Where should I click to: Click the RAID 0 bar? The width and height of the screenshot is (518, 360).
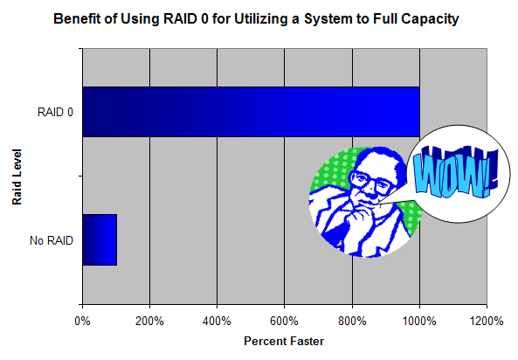point(251,112)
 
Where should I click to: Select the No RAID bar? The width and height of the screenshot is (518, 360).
point(100,239)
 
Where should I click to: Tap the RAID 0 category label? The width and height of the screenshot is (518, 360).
point(55,113)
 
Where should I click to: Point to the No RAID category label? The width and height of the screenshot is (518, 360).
point(52,240)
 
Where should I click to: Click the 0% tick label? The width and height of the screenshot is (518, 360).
point(83,321)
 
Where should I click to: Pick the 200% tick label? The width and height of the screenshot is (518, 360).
point(149,321)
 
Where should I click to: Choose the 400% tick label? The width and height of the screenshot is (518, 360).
point(217,321)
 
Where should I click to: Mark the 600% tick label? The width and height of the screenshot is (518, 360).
point(285,321)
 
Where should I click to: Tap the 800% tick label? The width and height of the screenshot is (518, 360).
point(352,321)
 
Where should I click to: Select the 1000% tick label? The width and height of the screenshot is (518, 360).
point(419,321)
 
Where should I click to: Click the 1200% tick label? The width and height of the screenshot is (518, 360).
point(487,321)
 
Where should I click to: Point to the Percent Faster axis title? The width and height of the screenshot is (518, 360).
point(284,341)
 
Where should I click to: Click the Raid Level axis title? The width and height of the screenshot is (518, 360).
point(17,177)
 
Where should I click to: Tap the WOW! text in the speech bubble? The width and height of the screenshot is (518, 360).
point(456,172)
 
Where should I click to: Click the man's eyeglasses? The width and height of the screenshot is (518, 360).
point(371,183)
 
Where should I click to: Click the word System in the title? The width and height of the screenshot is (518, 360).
point(328,19)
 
